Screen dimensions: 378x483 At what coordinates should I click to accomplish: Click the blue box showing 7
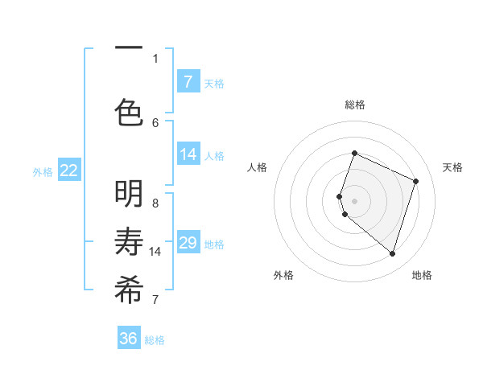(188, 82)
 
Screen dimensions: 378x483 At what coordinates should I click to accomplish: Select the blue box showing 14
(188, 154)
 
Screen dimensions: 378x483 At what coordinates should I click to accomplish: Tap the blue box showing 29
(188, 243)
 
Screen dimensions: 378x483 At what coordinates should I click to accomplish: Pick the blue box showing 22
(69, 171)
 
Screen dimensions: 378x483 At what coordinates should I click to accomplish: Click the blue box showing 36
(129, 339)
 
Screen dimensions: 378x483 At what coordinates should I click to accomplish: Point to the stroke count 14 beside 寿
(155, 252)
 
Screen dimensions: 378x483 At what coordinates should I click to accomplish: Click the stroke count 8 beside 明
(155, 203)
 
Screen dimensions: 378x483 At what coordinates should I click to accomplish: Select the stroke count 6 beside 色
(155, 122)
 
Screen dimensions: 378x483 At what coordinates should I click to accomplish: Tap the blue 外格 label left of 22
(43, 171)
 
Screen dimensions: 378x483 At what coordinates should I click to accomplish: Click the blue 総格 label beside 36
(155, 340)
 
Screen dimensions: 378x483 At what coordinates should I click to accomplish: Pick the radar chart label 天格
(452, 167)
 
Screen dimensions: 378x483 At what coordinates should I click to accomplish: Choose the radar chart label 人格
(257, 167)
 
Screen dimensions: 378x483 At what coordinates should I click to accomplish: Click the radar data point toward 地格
(392, 253)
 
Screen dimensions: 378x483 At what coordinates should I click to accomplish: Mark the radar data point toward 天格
(416, 181)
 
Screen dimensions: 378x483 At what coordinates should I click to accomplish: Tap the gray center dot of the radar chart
(355, 200)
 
